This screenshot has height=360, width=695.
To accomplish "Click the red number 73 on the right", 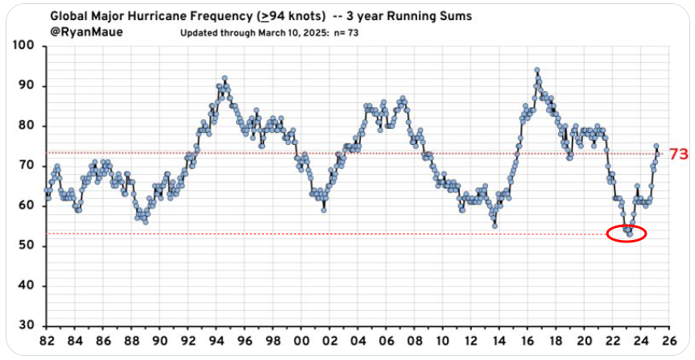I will (x=679, y=154).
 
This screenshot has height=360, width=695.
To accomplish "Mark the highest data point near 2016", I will (x=536, y=71).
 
